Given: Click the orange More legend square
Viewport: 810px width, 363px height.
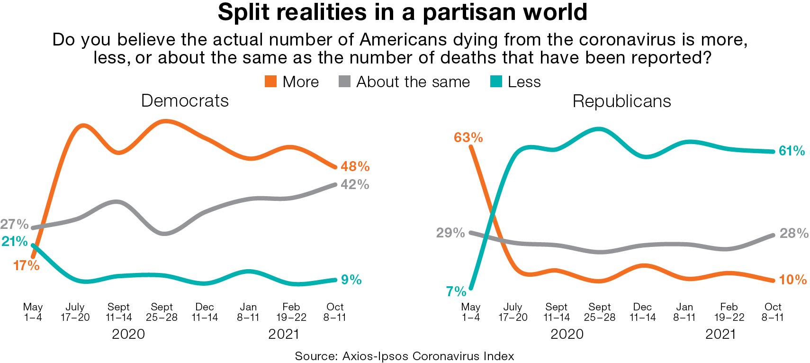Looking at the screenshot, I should click(x=270, y=82).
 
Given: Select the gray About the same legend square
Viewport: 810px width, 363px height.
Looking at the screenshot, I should click(x=344, y=82).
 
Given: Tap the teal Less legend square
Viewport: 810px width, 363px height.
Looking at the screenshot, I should click(x=495, y=82).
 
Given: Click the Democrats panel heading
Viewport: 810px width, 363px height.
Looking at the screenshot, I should click(x=185, y=101).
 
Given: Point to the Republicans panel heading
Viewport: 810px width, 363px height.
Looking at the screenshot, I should click(x=621, y=101).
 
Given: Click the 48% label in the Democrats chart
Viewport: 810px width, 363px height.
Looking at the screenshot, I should click(x=355, y=166).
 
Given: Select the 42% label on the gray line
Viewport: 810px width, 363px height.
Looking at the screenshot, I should click(x=355, y=184).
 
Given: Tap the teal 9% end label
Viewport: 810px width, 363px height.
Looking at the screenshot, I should click(x=351, y=280).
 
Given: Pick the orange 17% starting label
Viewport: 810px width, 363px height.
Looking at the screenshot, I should click(x=26, y=265).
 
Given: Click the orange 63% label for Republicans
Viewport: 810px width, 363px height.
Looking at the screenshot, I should click(x=468, y=137).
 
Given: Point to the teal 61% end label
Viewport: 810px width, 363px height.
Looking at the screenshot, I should click(x=792, y=151).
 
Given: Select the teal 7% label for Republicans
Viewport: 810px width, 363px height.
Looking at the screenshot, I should click(x=456, y=291).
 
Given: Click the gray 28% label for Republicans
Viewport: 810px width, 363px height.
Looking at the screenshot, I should click(x=794, y=233).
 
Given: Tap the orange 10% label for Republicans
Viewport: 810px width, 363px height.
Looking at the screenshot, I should click(x=792, y=280).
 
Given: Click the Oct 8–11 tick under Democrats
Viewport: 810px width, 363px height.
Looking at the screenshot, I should click(x=334, y=312).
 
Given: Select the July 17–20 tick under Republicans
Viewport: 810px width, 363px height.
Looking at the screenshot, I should click(x=513, y=312).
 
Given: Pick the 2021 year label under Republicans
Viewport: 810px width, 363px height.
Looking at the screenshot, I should click(x=720, y=334).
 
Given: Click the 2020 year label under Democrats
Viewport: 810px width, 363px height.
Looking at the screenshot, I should click(x=128, y=334).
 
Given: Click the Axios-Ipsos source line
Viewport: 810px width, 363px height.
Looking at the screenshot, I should click(x=404, y=356).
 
